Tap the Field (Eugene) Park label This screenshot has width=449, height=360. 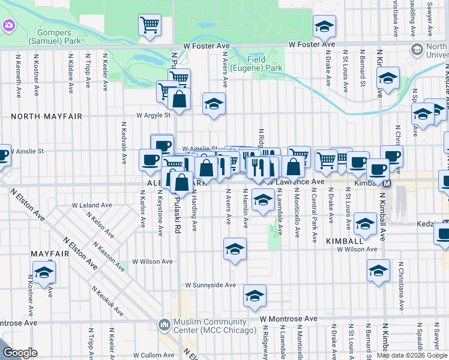(265, 64)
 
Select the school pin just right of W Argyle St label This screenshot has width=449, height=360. (214, 104)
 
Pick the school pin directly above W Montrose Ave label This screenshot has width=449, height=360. (255, 296)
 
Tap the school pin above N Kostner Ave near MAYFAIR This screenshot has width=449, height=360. (44, 272)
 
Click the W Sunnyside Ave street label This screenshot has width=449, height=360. (210, 285)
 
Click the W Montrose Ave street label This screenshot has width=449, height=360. (288, 319)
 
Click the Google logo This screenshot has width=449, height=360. (20, 353)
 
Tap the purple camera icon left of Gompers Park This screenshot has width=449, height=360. (8, 26)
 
